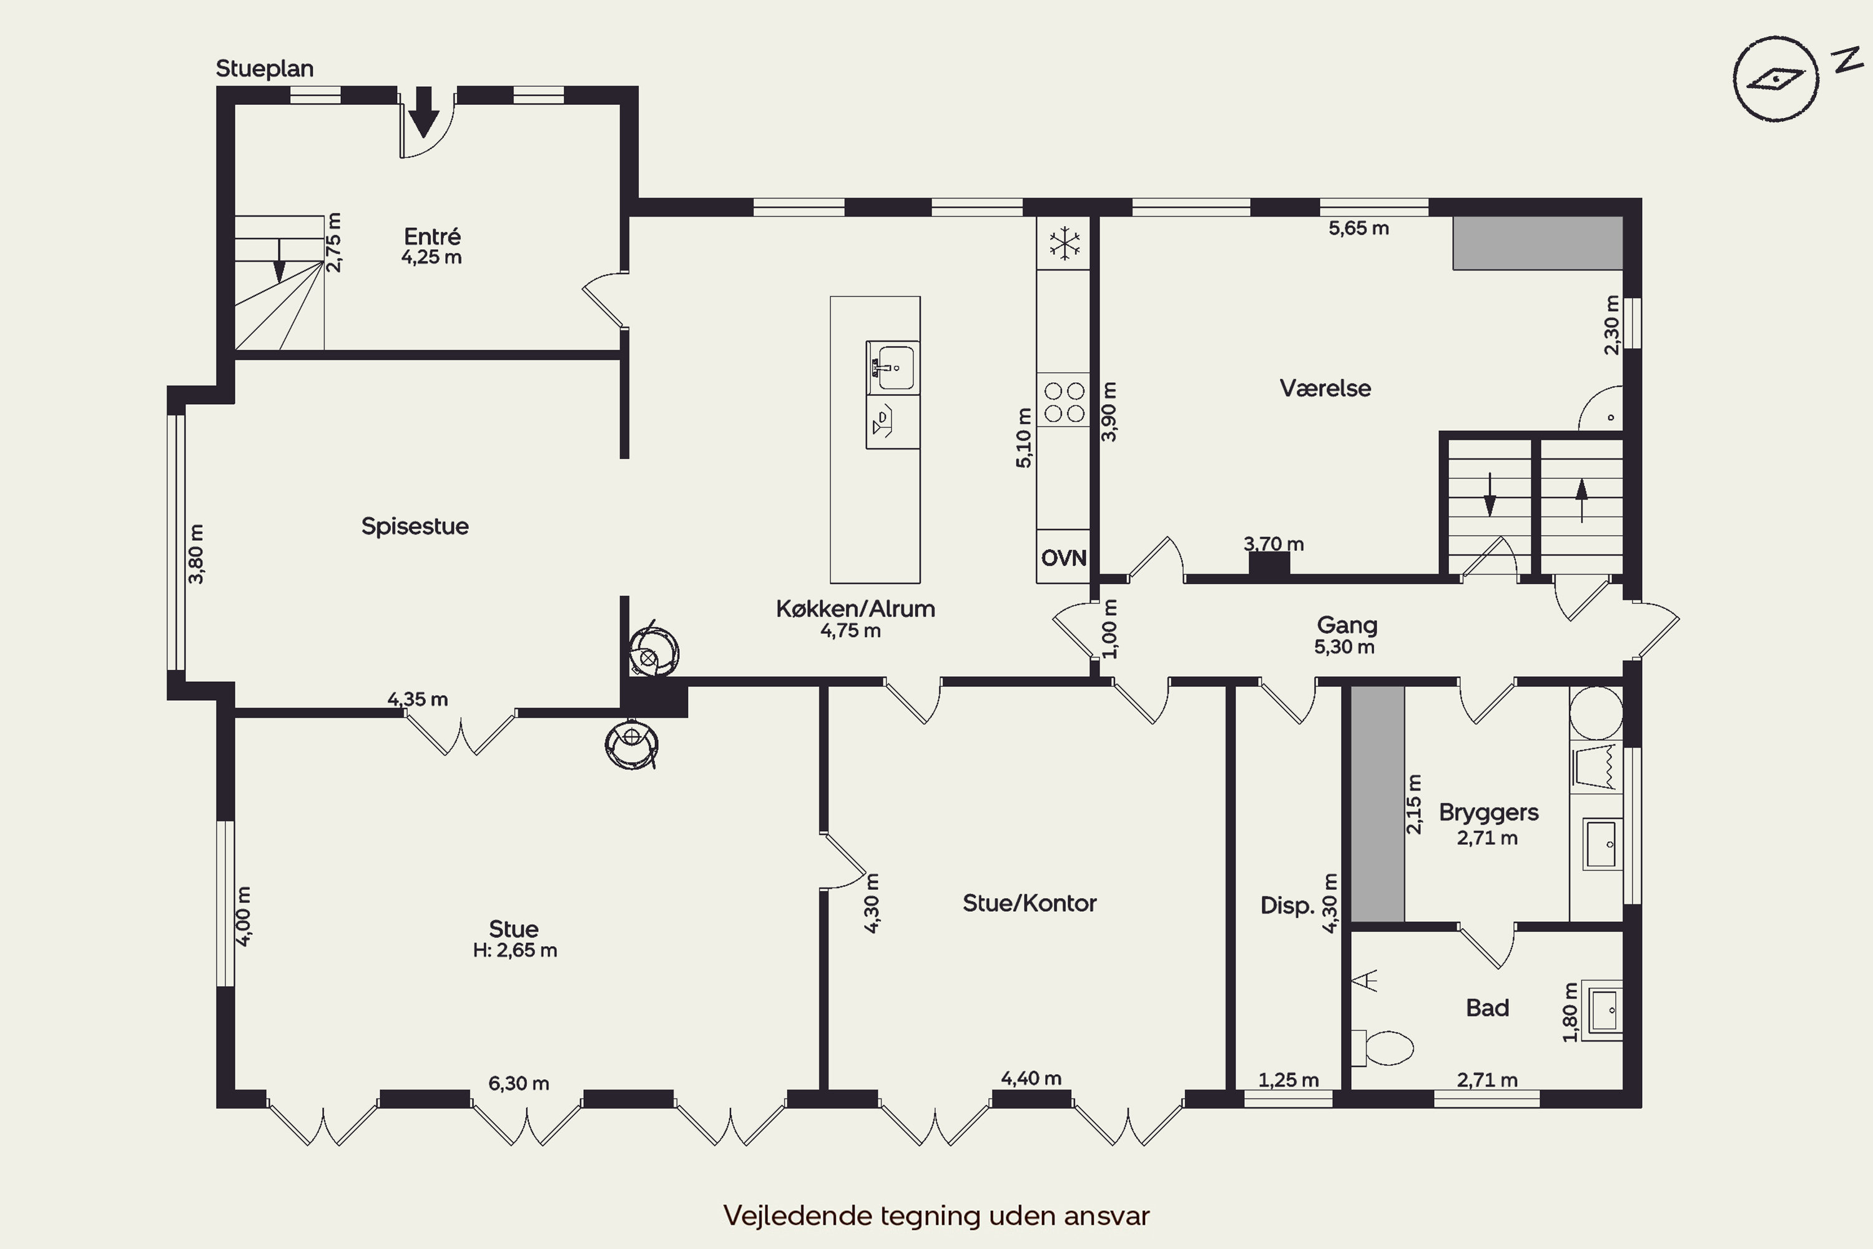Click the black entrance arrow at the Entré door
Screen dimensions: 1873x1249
[x=424, y=112]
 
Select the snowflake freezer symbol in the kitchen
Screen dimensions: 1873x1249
[x=1064, y=244]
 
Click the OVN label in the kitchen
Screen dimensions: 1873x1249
[x=1064, y=558]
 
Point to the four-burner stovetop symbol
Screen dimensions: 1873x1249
[x=1064, y=402]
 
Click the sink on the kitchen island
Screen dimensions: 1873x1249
[x=893, y=367]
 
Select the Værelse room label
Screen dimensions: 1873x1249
[x=1325, y=388]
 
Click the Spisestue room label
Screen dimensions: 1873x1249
[x=415, y=526]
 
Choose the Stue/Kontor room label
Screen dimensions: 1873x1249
[x=1030, y=902]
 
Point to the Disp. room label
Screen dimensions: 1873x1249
[x=1287, y=906]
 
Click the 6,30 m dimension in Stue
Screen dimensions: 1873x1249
[x=518, y=1084]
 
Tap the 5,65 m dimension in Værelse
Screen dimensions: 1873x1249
[x=1359, y=229]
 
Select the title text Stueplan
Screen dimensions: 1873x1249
[x=264, y=69]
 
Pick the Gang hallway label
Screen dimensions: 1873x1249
[x=1347, y=625]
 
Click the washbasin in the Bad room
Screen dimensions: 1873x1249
[x=1601, y=1010]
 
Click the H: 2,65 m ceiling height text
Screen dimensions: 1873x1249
[x=514, y=950]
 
